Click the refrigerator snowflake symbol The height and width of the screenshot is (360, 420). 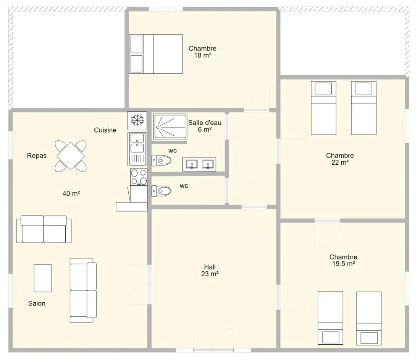(137, 120)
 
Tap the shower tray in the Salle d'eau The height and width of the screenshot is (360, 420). (170, 126)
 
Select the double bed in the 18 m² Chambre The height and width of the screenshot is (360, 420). (156, 54)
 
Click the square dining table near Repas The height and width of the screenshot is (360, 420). (71, 156)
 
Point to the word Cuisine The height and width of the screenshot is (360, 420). (105, 130)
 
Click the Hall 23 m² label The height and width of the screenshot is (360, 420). (210, 270)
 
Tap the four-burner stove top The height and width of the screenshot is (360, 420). (139, 177)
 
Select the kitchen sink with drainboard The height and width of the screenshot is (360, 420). (137, 149)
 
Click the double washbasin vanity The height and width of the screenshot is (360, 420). (199, 164)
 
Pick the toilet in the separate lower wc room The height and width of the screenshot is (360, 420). (161, 191)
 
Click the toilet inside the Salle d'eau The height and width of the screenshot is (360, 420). (161, 161)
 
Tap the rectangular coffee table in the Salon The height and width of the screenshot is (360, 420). (43, 278)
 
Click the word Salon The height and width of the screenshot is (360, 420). (37, 303)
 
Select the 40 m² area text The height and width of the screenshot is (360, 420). (71, 193)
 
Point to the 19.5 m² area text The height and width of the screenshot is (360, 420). (344, 263)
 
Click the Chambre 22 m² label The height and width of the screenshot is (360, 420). (340, 159)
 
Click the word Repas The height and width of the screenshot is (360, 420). (37, 156)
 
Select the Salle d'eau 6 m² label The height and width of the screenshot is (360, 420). (205, 126)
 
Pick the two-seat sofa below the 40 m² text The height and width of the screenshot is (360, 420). (44, 229)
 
